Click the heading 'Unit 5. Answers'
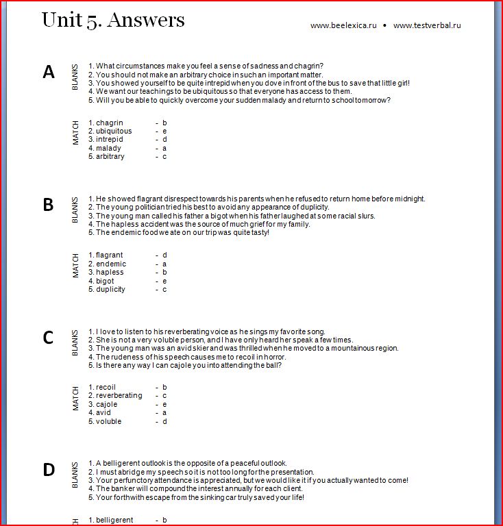(113, 19)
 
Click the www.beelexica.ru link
(343, 25)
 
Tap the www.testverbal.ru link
(427, 25)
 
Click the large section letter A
(49, 72)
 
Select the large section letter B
(48, 204)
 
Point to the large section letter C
(48, 337)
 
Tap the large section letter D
(49, 470)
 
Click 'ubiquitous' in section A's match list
(114, 131)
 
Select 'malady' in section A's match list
(108, 148)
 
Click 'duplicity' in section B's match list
(110, 289)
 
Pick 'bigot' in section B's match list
(105, 281)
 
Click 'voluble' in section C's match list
(108, 421)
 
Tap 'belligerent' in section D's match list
(114, 520)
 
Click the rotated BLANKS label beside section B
(75, 210)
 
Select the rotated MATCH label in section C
(75, 399)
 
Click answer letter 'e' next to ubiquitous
(164, 131)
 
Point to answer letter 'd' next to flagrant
(164, 255)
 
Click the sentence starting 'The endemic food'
(182, 232)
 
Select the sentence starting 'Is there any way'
(188, 365)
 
